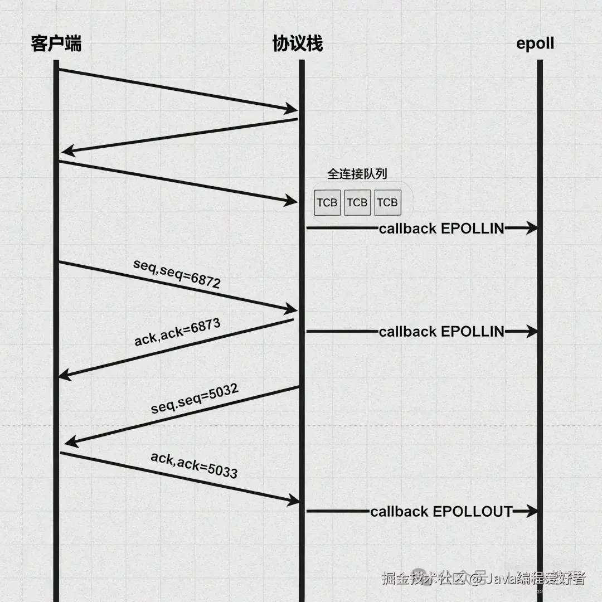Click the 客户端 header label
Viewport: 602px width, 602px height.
click(56, 43)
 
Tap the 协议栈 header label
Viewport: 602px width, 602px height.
click(297, 43)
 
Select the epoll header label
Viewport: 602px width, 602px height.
click(535, 44)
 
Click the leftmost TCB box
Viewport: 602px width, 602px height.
click(327, 202)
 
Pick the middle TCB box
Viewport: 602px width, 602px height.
click(357, 202)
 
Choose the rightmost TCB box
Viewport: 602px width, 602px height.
click(387, 202)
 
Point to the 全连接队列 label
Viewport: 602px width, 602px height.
click(357, 174)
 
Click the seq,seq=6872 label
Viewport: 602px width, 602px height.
click(177, 273)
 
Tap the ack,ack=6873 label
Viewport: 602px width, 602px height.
click(177, 332)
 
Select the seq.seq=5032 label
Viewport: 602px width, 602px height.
click(195, 399)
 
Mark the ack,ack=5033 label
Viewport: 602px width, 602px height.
click(194, 465)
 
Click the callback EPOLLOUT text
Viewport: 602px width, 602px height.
click(441, 511)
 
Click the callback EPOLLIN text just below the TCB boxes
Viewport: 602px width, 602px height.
click(441, 228)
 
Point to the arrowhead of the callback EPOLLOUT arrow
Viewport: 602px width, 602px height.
click(532, 511)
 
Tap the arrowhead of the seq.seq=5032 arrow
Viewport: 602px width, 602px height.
click(70, 443)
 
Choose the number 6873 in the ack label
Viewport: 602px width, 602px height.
click(206, 326)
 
